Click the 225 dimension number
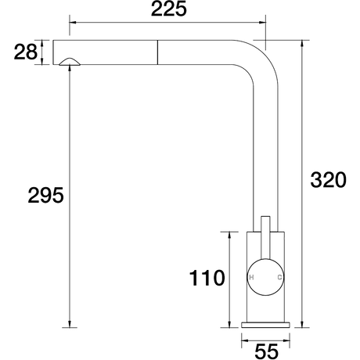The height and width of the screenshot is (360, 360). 169,9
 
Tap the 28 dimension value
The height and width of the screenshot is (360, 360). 26,52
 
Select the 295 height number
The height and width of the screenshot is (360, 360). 45,195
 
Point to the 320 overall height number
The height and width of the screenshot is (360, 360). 328,180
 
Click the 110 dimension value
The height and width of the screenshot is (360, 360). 207,278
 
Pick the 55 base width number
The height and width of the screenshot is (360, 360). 266,351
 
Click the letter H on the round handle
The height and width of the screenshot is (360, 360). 251,277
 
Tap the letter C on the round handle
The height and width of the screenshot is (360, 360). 279,277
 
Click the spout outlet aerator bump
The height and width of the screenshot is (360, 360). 70,62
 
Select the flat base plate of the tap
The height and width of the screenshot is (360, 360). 265,325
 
